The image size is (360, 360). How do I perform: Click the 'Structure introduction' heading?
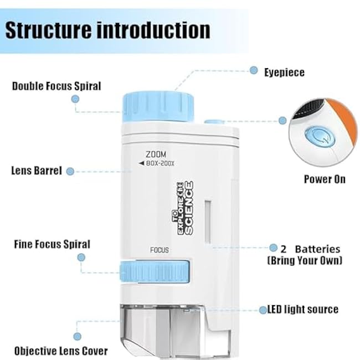click(x=107, y=30)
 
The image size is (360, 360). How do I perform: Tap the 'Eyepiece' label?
click(x=284, y=72)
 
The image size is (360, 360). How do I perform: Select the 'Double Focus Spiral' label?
click(x=56, y=86)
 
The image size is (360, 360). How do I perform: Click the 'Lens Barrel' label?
click(x=37, y=171)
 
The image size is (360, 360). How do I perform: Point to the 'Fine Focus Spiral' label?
click(x=52, y=244)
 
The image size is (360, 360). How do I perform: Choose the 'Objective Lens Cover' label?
click(x=61, y=351)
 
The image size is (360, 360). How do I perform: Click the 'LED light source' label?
click(x=302, y=309)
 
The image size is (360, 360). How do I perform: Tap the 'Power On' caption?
click(x=325, y=179)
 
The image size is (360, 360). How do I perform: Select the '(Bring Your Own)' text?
click(x=305, y=260)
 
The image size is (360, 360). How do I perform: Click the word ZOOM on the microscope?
click(x=156, y=153)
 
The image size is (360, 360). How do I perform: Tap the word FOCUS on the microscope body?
click(x=160, y=250)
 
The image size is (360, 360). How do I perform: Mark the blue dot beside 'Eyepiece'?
click(x=254, y=70)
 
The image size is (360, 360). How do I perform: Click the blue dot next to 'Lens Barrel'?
click(x=70, y=171)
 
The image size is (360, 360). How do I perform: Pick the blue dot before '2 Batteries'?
click(x=274, y=248)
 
